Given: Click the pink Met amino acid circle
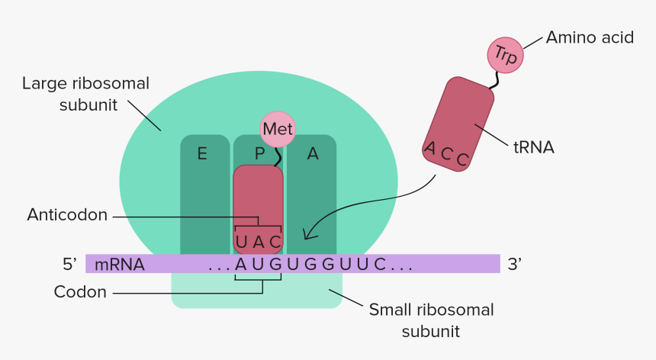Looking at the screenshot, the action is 278,129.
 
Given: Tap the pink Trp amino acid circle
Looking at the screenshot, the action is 506,55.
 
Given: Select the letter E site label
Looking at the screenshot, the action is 202,154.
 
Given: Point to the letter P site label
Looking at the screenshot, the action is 260,154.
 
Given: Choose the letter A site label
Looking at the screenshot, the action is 313,154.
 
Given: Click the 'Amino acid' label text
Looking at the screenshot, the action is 590,37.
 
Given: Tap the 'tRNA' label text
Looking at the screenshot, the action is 534,148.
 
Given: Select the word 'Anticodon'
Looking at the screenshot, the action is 67,215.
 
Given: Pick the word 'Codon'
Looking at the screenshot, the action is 80,292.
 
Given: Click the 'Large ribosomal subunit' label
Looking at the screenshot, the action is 85,94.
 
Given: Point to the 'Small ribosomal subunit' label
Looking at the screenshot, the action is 431,320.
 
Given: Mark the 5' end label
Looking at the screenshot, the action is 70,264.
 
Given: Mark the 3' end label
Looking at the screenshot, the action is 515,264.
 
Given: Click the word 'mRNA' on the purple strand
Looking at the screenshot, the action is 120,265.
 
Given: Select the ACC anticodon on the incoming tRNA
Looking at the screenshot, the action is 446,154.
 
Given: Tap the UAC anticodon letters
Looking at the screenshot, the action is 258,242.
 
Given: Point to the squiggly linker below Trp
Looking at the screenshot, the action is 495,80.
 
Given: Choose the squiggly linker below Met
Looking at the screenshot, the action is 278,157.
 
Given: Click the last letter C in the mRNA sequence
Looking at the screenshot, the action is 379,265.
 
